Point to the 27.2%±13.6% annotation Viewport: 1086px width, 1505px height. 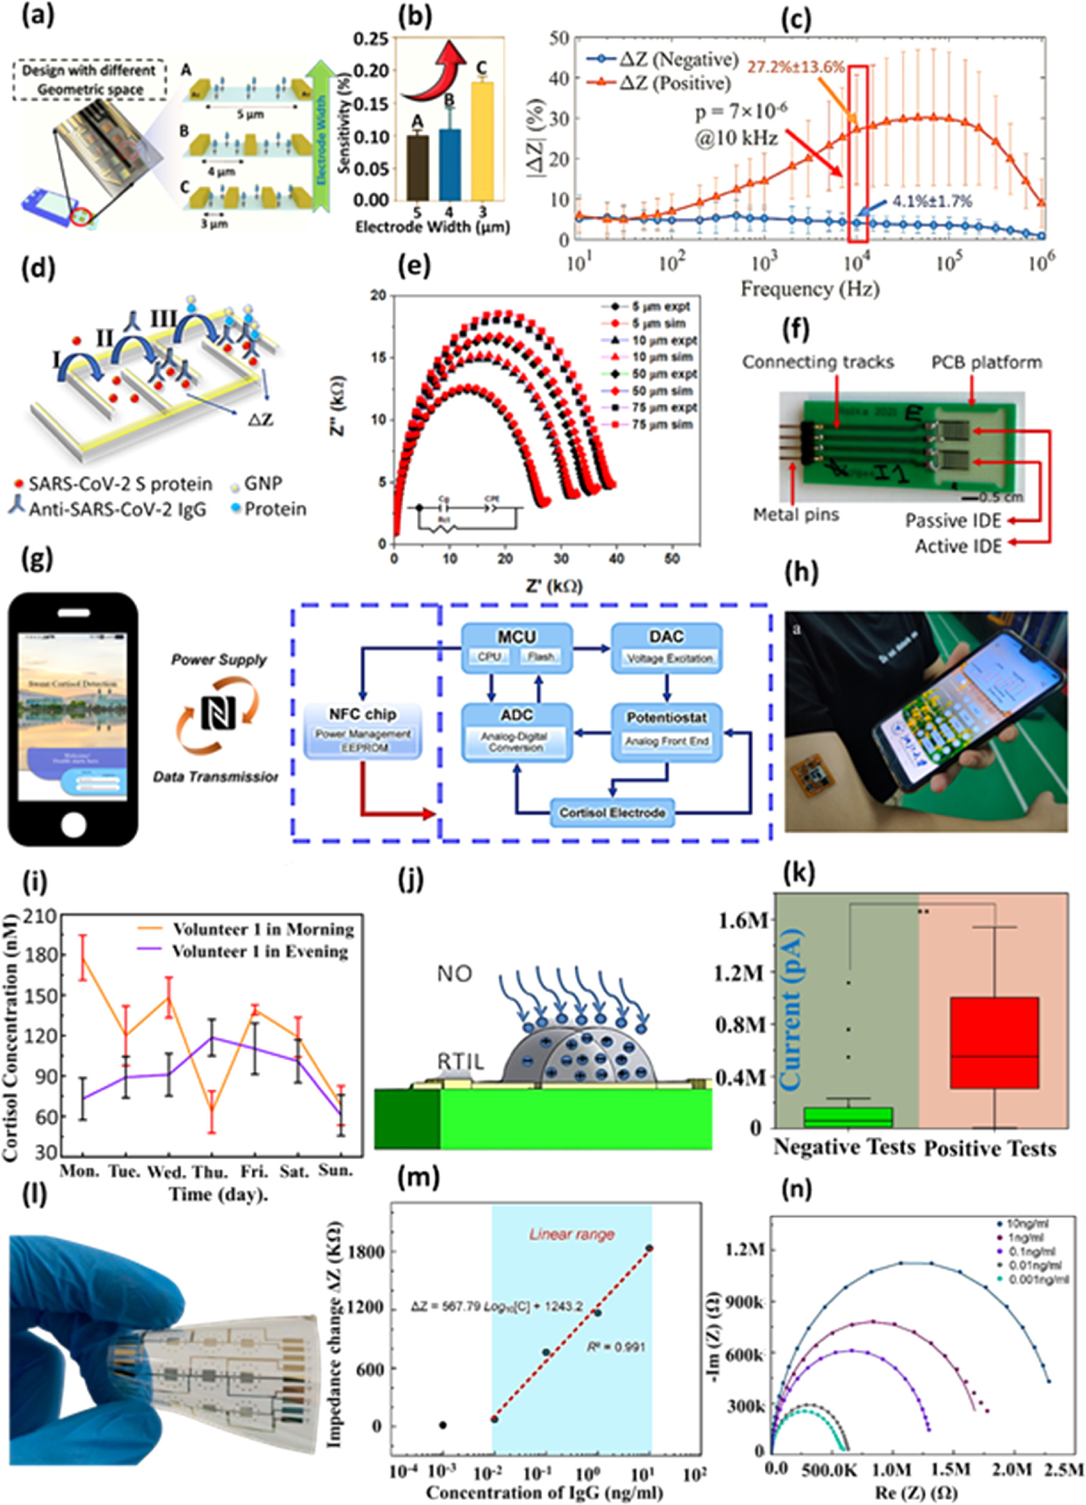point(796,67)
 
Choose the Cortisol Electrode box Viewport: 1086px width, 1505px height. point(612,813)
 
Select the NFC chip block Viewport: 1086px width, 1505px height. point(363,730)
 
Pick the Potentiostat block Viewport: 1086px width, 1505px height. point(666,728)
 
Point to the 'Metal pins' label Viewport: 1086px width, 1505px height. point(795,514)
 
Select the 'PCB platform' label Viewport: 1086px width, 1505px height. point(987,362)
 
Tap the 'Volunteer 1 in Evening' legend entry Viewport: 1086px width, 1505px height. point(260,952)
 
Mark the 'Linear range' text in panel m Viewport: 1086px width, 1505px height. point(571,1234)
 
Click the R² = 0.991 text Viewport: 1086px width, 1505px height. point(615,1347)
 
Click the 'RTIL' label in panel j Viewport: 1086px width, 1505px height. point(460,1062)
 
